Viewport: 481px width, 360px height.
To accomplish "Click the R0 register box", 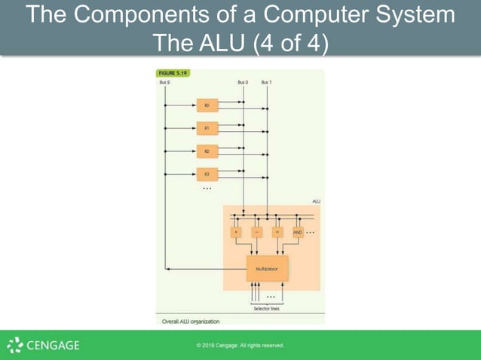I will [207, 105].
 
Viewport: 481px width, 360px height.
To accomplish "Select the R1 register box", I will [207, 128].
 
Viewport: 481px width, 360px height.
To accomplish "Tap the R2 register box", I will [207, 151].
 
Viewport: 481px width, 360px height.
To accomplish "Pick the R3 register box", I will [207, 174].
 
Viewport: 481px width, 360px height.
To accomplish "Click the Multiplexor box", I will [267, 268].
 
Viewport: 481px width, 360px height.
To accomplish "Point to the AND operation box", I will [297, 233].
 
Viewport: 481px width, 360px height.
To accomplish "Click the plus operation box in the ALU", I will [236, 233].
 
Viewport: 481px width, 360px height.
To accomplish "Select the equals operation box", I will [277, 233].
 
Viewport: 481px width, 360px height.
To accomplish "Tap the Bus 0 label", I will [243, 81].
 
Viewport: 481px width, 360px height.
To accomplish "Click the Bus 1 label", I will [266, 81].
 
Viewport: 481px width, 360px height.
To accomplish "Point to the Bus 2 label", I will [164, 81].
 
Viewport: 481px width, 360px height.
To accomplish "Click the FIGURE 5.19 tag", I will [173, 73].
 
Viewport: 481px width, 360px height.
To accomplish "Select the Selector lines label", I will [267, 307].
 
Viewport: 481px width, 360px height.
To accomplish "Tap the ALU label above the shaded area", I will [316, 201].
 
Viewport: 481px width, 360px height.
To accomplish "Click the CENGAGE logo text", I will [53, 346].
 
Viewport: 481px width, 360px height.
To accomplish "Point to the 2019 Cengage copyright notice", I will [240, 346].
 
